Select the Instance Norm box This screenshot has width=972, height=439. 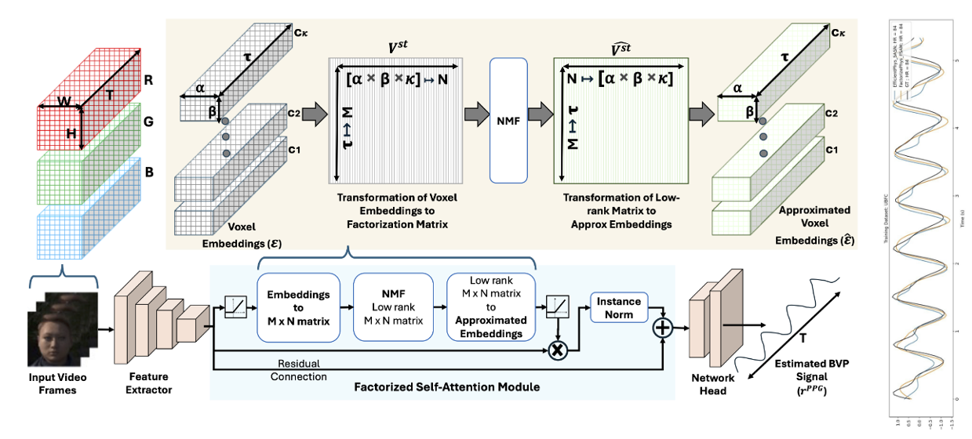click(619, 308)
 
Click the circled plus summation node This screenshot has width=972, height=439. click(663, 329)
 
